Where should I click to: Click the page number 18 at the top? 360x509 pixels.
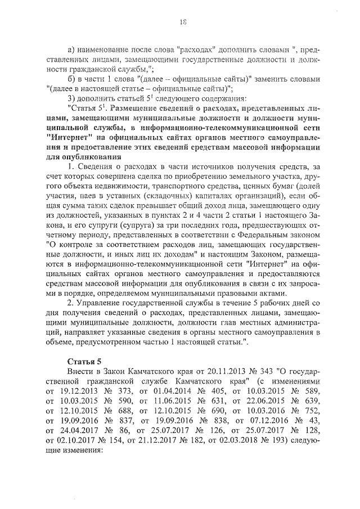click(x=183, y=22)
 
